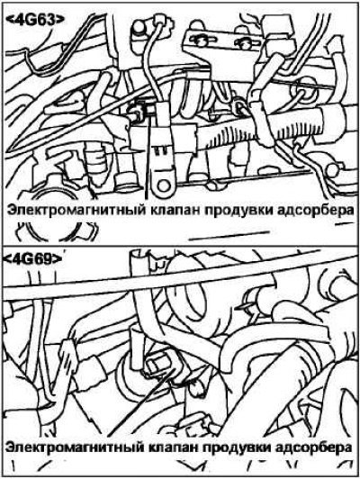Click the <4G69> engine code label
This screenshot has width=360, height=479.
click(x=32, y=259)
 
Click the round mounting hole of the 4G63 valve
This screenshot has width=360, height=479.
click(x=164, y=185)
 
